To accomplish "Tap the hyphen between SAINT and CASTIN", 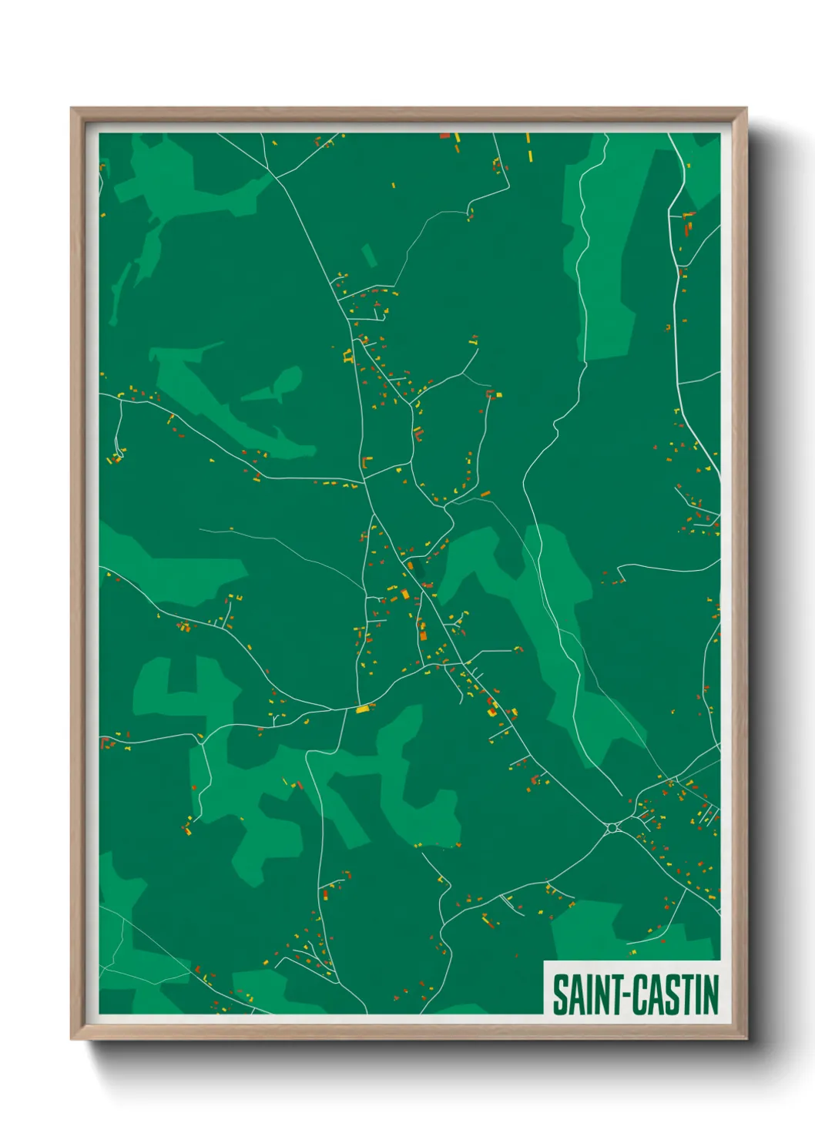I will tap(626, 995).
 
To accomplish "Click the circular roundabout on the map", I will tap(612, 828).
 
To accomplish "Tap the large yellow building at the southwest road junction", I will tap(362, 709).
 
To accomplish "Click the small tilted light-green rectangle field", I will tap(370, 256).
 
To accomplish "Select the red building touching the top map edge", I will tap(444, 136).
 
